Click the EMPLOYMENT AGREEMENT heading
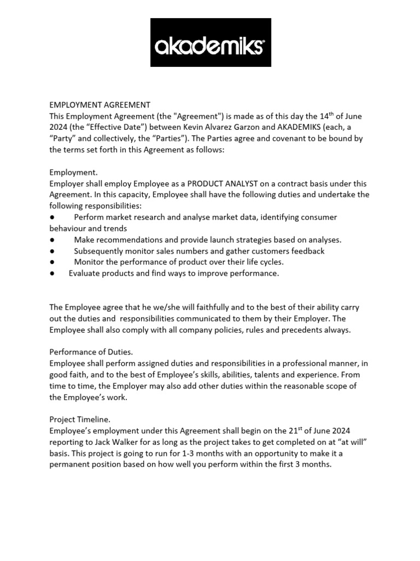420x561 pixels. click(x=100, y=105)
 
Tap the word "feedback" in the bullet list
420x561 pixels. click(x=307, y=251)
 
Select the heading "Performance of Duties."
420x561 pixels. click(x=91, y=352)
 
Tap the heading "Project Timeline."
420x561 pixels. click(x=80, y=419)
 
